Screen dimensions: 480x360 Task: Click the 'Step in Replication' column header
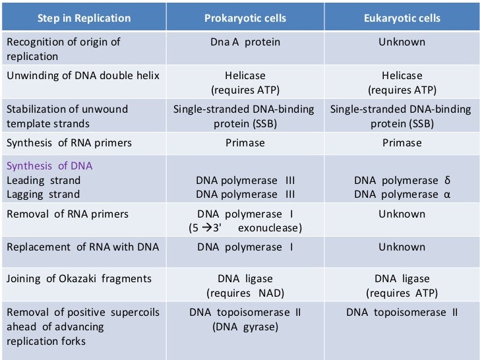click(83, 18)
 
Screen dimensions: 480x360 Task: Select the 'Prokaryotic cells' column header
click(245, 18)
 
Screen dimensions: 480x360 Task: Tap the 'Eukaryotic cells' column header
click(402, 18)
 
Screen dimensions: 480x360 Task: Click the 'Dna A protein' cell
click(245, 42)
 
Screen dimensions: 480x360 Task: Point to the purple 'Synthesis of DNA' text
click(49, 165)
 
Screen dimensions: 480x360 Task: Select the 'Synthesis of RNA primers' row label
click(69, 142)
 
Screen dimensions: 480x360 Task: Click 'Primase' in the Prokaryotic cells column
click(245, 142)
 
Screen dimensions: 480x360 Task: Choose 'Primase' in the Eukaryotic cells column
click(402, 142)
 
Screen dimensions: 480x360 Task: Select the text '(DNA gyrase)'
click(245, 326)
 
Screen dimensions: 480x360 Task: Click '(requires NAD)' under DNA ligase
click(245, 293)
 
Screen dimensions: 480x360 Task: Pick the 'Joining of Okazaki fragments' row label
click(79, 279)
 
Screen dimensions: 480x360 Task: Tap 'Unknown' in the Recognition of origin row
click(402, 42)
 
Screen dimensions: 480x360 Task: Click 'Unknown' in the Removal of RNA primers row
click(402, 214)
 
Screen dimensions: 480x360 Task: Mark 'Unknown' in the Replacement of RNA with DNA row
click(402, 247)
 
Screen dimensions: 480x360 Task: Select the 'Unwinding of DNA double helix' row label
click(83, 75)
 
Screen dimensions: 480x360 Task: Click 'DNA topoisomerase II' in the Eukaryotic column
click(402, 312)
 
